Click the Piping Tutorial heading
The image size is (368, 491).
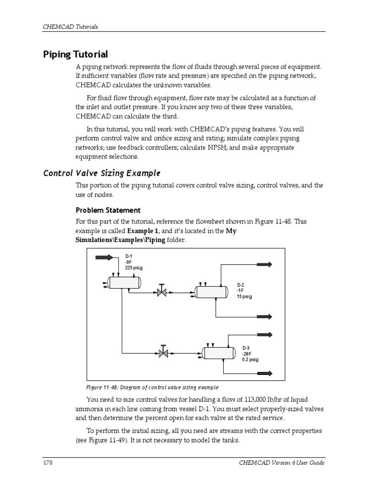tap(76, 54)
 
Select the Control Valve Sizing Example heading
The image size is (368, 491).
tap(102, 173)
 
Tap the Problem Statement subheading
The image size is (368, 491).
tap(108, 210)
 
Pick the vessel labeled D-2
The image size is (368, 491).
tap(210, 292)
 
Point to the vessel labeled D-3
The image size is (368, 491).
tap(218, 353)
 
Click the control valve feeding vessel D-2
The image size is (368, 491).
tap(162, 292)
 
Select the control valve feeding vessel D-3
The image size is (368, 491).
tap(163, 354)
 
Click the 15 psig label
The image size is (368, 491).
tap(244, 297)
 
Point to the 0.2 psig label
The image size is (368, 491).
tap(250, 360)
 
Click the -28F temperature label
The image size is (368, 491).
tap(247, 354)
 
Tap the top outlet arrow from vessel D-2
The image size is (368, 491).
tap(264, 264)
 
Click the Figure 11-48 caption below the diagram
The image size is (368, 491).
tap(151, 387)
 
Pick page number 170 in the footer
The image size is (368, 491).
tap(47, 463)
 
